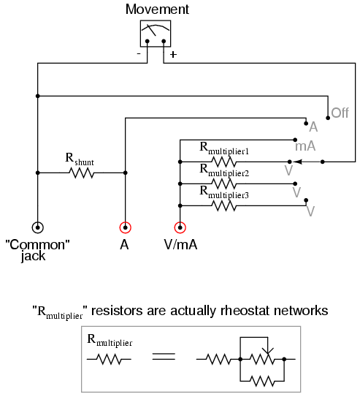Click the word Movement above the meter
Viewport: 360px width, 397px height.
coord(157,10)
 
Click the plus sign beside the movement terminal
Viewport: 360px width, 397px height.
coord(173,54)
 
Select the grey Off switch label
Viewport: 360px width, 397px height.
coord(340,113)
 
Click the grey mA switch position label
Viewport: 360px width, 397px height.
coord(305,146)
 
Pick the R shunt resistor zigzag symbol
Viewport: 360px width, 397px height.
coord(81,173)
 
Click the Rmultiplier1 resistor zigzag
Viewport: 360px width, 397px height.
coord(223,162)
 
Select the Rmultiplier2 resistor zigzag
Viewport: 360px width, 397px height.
coord(223,184)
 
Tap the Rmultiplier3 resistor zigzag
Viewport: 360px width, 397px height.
coord(223,205)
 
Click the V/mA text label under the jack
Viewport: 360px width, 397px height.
coord(180,245)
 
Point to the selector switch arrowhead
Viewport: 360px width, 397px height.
coord(296,162)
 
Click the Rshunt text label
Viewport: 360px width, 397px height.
coord(80,159)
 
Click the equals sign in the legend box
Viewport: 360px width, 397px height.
coord(164,357)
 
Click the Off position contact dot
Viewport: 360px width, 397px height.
coord(328,118)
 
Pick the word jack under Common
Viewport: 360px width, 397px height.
coord(33,256)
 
